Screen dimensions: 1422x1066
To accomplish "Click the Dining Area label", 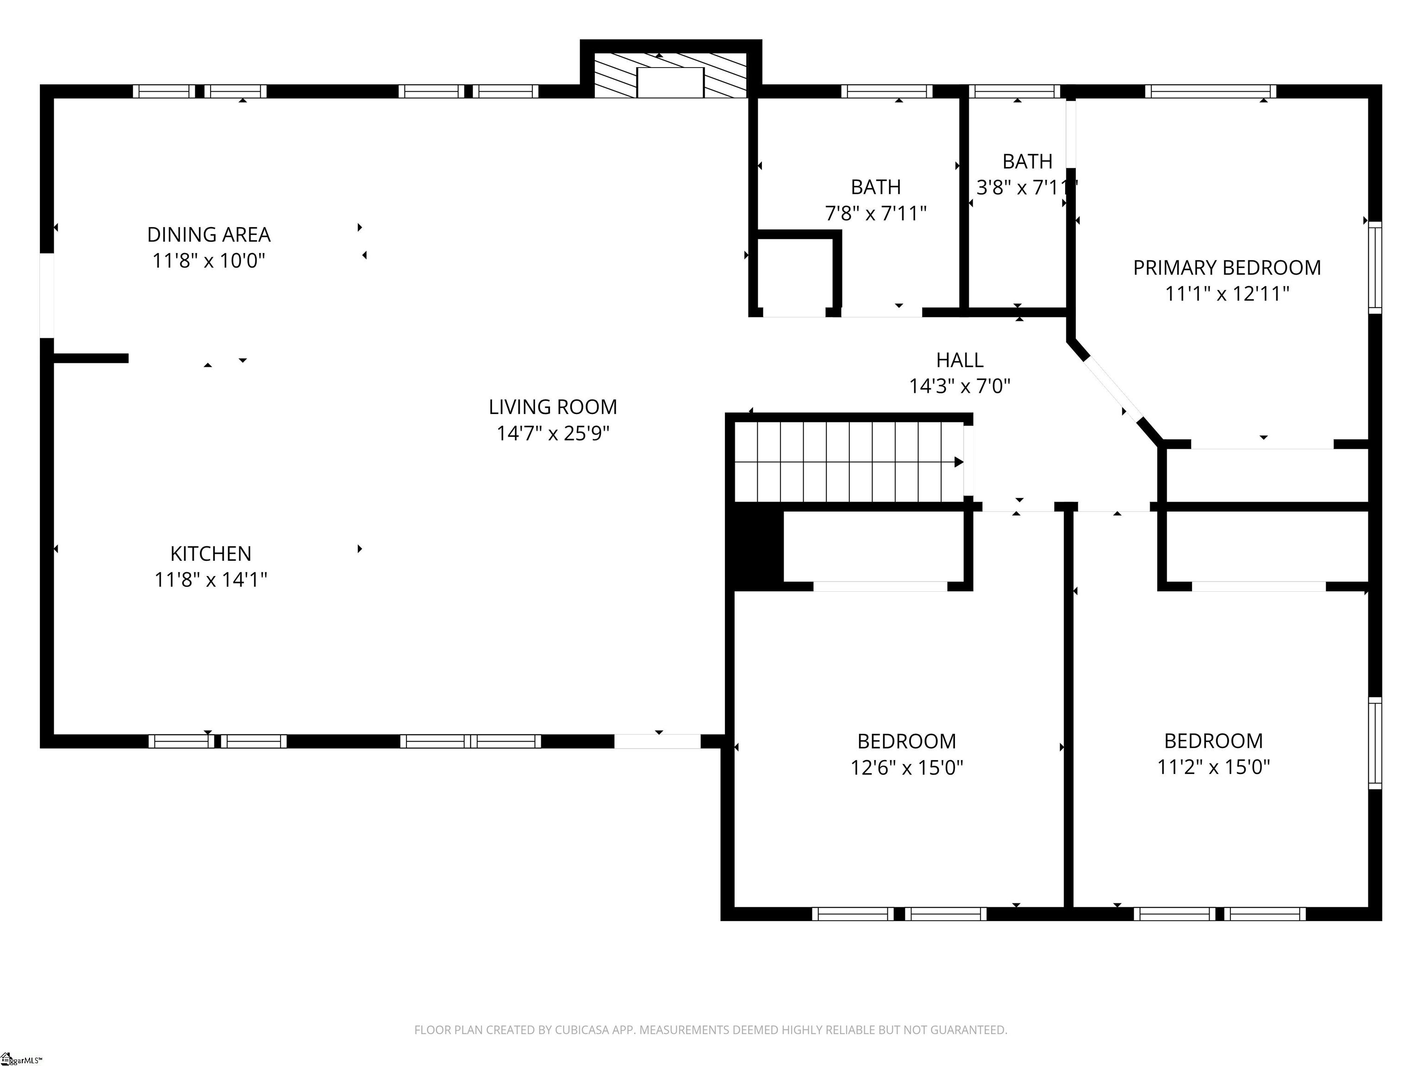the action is pos(209,235).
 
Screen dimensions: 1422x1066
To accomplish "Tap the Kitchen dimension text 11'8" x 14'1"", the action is pos(211,580).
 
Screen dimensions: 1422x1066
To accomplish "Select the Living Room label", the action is pos(553,407).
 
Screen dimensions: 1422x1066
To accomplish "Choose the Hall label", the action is pos(960,360).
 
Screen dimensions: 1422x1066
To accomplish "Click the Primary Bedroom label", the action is pos(1227,267).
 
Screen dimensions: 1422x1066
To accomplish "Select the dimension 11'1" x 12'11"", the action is pos(1227,294).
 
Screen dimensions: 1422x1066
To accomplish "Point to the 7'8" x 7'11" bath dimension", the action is pos(876,213).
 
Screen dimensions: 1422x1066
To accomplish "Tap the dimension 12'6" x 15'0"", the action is pos(906,767).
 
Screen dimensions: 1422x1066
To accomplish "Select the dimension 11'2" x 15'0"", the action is pos(1214,767).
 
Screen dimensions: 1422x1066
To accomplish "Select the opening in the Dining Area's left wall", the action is pos(47,296).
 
